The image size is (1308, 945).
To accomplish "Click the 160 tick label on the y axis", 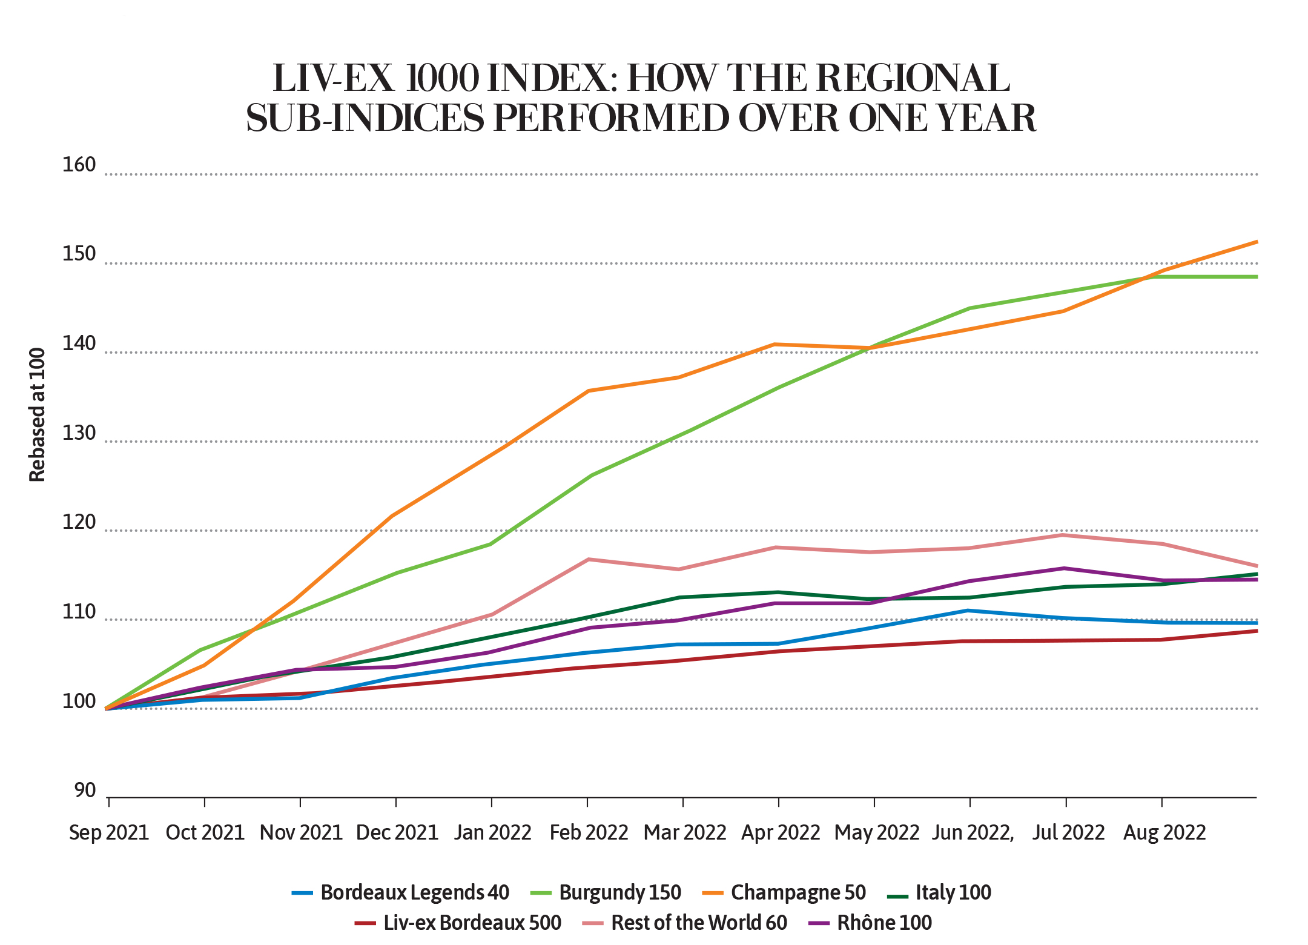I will [79, 165].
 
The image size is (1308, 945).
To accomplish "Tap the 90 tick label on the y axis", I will [85, 790].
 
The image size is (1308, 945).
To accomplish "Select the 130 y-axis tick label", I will [79, 433].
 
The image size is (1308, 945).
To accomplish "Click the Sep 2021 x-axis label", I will [109, 832].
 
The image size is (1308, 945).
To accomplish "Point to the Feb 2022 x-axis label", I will [589, 832].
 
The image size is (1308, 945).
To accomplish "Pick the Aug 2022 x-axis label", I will [1164, 832].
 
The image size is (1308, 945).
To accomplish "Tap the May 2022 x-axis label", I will [877, 832].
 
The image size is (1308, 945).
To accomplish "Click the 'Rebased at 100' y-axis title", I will [38, 415].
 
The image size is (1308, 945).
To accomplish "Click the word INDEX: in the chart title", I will [553, 78].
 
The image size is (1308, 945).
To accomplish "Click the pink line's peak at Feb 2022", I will [589, 559].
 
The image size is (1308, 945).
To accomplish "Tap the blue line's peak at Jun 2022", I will [969, 611].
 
